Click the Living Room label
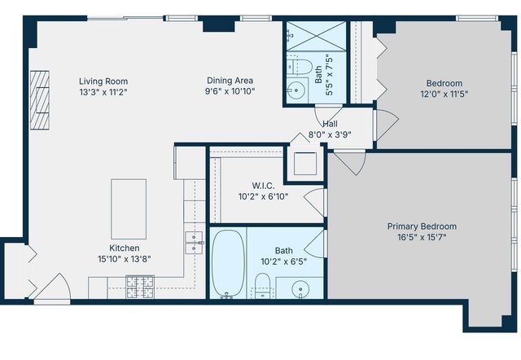pyautogui.click(x=103, y=81)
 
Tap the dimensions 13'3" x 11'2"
pyautogui.click(x=103, y=93)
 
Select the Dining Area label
pyautogui.click(x=230, y=81)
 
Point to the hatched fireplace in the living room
pyautogui.click(x=41, y=99)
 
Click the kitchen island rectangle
pyautogui.click(x=129, y=209)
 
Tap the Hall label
pyautogui.click(x=330, y=124)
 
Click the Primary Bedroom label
pyautogui.click(x=422, y=226)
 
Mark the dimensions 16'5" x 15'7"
pyautogui.click(x=422, y=238)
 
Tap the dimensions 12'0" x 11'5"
pyautogui.click(x=444, y=94)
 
